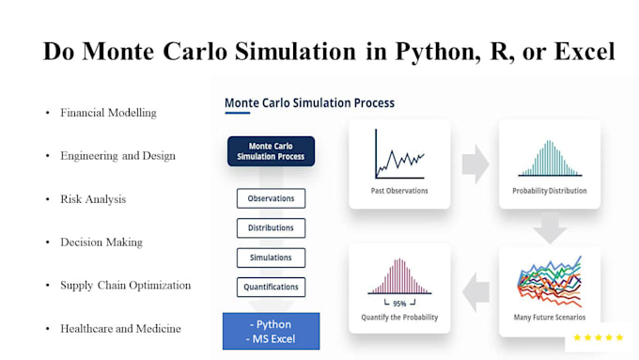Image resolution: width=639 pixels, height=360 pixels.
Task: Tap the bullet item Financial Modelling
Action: [x=108, y=113]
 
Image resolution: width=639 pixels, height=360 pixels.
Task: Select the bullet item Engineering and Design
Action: [x=117, y=156]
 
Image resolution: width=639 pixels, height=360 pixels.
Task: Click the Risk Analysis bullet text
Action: [x=93, y=199]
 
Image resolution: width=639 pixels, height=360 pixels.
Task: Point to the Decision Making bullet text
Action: [x=101, y=243]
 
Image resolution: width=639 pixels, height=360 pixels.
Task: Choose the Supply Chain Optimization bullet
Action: [x=125, y=286]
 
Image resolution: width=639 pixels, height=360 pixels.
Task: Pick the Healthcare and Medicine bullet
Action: [x=120, y=329]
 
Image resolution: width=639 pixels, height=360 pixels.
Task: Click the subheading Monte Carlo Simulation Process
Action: [x=309, y=102]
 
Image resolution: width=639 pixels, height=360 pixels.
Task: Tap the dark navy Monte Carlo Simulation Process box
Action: [x=271, y=151]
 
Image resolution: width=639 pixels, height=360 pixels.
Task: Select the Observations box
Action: [x=271, y=198]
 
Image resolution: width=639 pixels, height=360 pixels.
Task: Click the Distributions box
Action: [x=271, y=227]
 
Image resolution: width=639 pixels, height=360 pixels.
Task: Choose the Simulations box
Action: [x=271, y=258]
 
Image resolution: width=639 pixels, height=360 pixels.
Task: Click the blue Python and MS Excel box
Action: [x=271, y=330]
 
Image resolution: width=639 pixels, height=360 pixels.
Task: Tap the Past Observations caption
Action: [x=400, y=191]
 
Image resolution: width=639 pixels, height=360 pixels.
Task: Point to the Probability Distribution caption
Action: [x=550, y=191]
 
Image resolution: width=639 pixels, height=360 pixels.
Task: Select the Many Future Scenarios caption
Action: [x=550, y=319]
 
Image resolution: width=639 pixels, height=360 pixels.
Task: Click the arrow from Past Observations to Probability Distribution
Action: [x=475, y=164]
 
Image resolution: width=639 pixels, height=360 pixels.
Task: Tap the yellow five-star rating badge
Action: [x=599, y=337]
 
